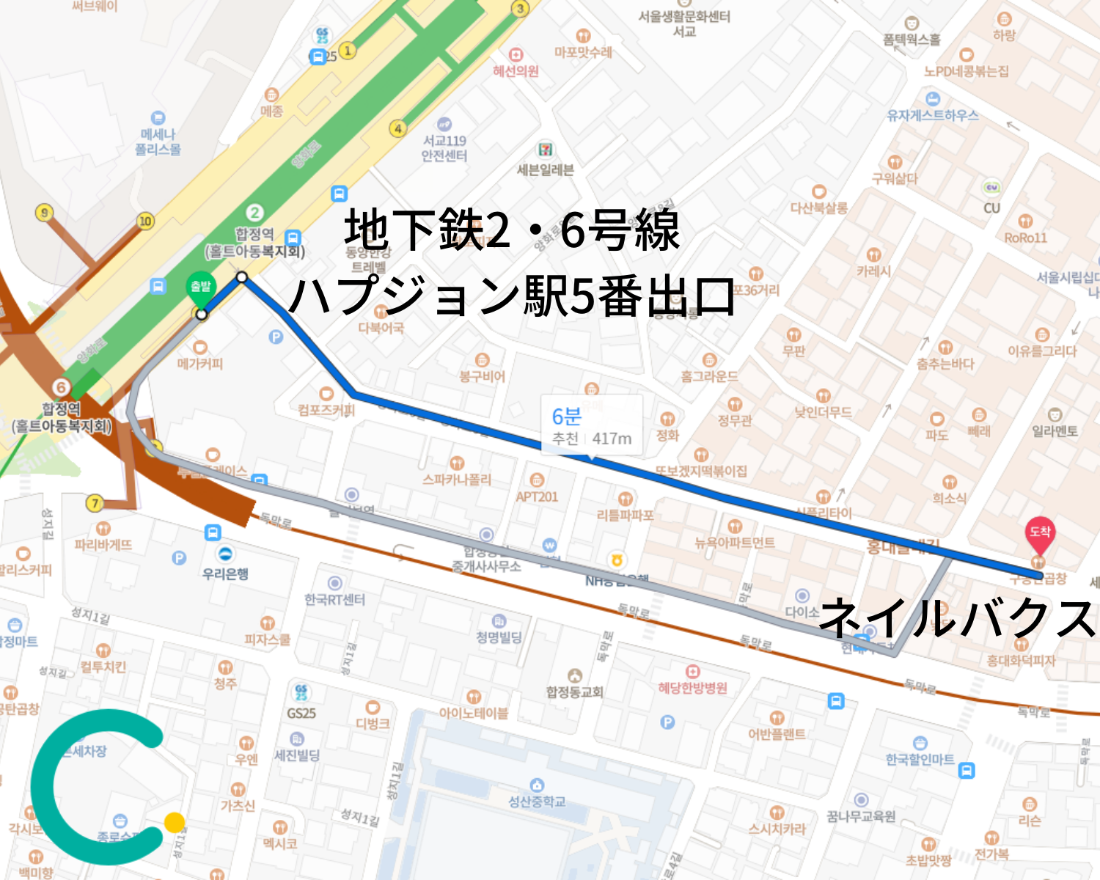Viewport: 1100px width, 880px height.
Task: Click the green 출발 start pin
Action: [x=200, y=288]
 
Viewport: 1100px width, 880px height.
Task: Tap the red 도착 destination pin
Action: [x=1039, y=533]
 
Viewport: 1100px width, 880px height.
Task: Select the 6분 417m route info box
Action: [x=592, y=426]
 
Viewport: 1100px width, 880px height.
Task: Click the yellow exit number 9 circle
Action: [x=45, y=213]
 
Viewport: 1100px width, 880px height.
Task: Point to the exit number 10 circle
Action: [x=145, y=221]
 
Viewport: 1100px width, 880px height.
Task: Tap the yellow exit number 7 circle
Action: [x=94, y=503]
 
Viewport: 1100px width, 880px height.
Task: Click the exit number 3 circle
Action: [x=520, y=9]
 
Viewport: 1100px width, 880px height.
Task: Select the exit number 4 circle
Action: [x=397, y=129]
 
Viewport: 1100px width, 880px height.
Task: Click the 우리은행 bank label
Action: [x=225, y=573]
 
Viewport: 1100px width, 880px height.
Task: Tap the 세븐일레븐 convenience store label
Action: [x=545, y=169]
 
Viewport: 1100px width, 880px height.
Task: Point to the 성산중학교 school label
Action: [x=537, y=802]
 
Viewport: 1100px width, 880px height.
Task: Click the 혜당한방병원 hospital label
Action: [x=692, y=687]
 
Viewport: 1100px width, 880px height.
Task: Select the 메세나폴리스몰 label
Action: [x=158, y=142]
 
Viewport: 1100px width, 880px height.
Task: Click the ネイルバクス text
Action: [x=957, y=617]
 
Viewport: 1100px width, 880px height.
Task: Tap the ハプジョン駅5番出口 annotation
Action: [x=511, y=296]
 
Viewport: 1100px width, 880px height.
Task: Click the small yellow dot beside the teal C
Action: [x=175, y=822]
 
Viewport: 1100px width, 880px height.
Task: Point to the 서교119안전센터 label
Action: [x=444, y=147]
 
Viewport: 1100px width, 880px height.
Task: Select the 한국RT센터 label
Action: [x=334, y=599]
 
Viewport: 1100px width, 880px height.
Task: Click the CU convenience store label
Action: [x=991, y=208]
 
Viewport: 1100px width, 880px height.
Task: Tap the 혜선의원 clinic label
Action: [x=516, y=71]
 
